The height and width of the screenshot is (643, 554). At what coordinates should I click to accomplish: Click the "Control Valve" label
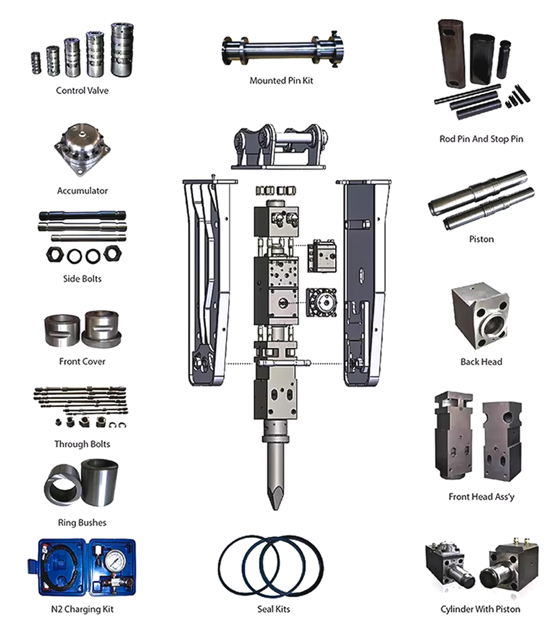(x=82, y=91)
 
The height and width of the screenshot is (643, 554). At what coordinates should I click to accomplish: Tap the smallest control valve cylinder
(x=36, y=62)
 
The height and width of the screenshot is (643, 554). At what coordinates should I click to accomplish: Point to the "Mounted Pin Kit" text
(x=281, y=81)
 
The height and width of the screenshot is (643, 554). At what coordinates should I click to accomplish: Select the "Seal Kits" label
(x=274, y=609)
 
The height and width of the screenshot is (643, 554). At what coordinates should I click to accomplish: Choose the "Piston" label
(x=481, y=239)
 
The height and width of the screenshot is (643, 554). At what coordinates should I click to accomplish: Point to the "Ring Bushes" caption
(x=82, y=523)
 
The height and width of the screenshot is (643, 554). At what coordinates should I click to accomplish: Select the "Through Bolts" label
(x=82, y=444)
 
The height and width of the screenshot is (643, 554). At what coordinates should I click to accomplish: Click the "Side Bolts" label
(x=82, y=279)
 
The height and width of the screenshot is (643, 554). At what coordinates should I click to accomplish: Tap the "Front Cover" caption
(x=82, y=361)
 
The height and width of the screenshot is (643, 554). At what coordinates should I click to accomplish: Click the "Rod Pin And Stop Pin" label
(x=481, y=139)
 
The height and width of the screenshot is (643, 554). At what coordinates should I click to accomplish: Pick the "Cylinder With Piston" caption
(x=480, y=609)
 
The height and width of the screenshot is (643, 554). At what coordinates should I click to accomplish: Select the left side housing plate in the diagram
(x=208, y=283)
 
